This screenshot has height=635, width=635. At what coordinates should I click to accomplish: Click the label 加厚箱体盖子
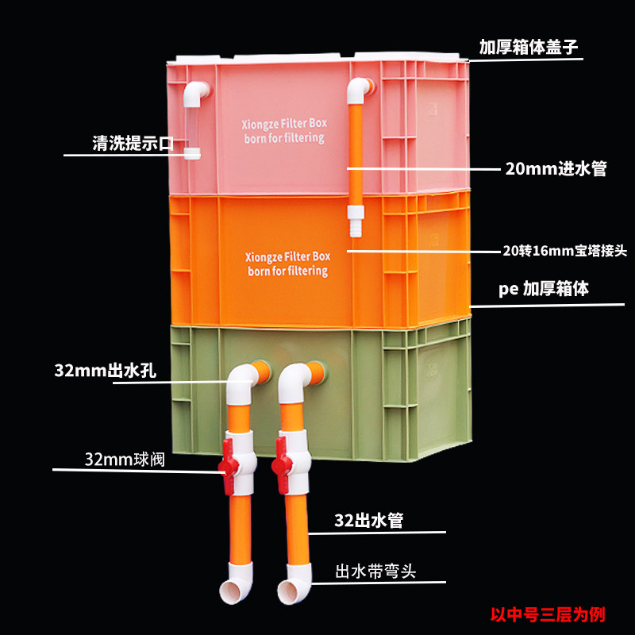(x=528, y=47)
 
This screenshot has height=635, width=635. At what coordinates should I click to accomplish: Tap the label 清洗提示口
(x=133, y=143)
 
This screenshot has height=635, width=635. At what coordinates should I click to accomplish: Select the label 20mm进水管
(x=556, y=168)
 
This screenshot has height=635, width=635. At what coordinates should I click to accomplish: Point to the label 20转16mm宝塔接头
(x=564, y=251)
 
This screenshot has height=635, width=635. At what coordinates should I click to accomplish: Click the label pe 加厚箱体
(x=544, y=289)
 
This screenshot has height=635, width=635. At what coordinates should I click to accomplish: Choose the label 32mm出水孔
(x=106, y=371)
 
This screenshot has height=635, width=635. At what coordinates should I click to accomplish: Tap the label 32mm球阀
(x=125, y=460)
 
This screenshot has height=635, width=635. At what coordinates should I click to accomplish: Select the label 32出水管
(x=368, y=521)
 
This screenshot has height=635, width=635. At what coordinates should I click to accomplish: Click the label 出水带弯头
(x=375, y=571)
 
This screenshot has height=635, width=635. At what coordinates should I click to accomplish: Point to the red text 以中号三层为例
(x=548, y=614)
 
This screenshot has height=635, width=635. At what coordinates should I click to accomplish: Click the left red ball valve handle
(x=228, y=467)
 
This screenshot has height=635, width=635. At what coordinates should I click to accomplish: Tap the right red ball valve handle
(x=282, y=465)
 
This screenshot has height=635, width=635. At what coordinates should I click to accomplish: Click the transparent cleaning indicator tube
(x=191, y=128)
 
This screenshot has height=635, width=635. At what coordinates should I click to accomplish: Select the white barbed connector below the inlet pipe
(x=356, y=221)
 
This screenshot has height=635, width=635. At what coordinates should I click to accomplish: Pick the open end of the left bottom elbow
(x=229, y=591)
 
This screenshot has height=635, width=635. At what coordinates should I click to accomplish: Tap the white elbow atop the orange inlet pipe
(x=359, y=90)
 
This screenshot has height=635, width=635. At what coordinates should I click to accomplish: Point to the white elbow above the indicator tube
(x=195, y=94)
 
